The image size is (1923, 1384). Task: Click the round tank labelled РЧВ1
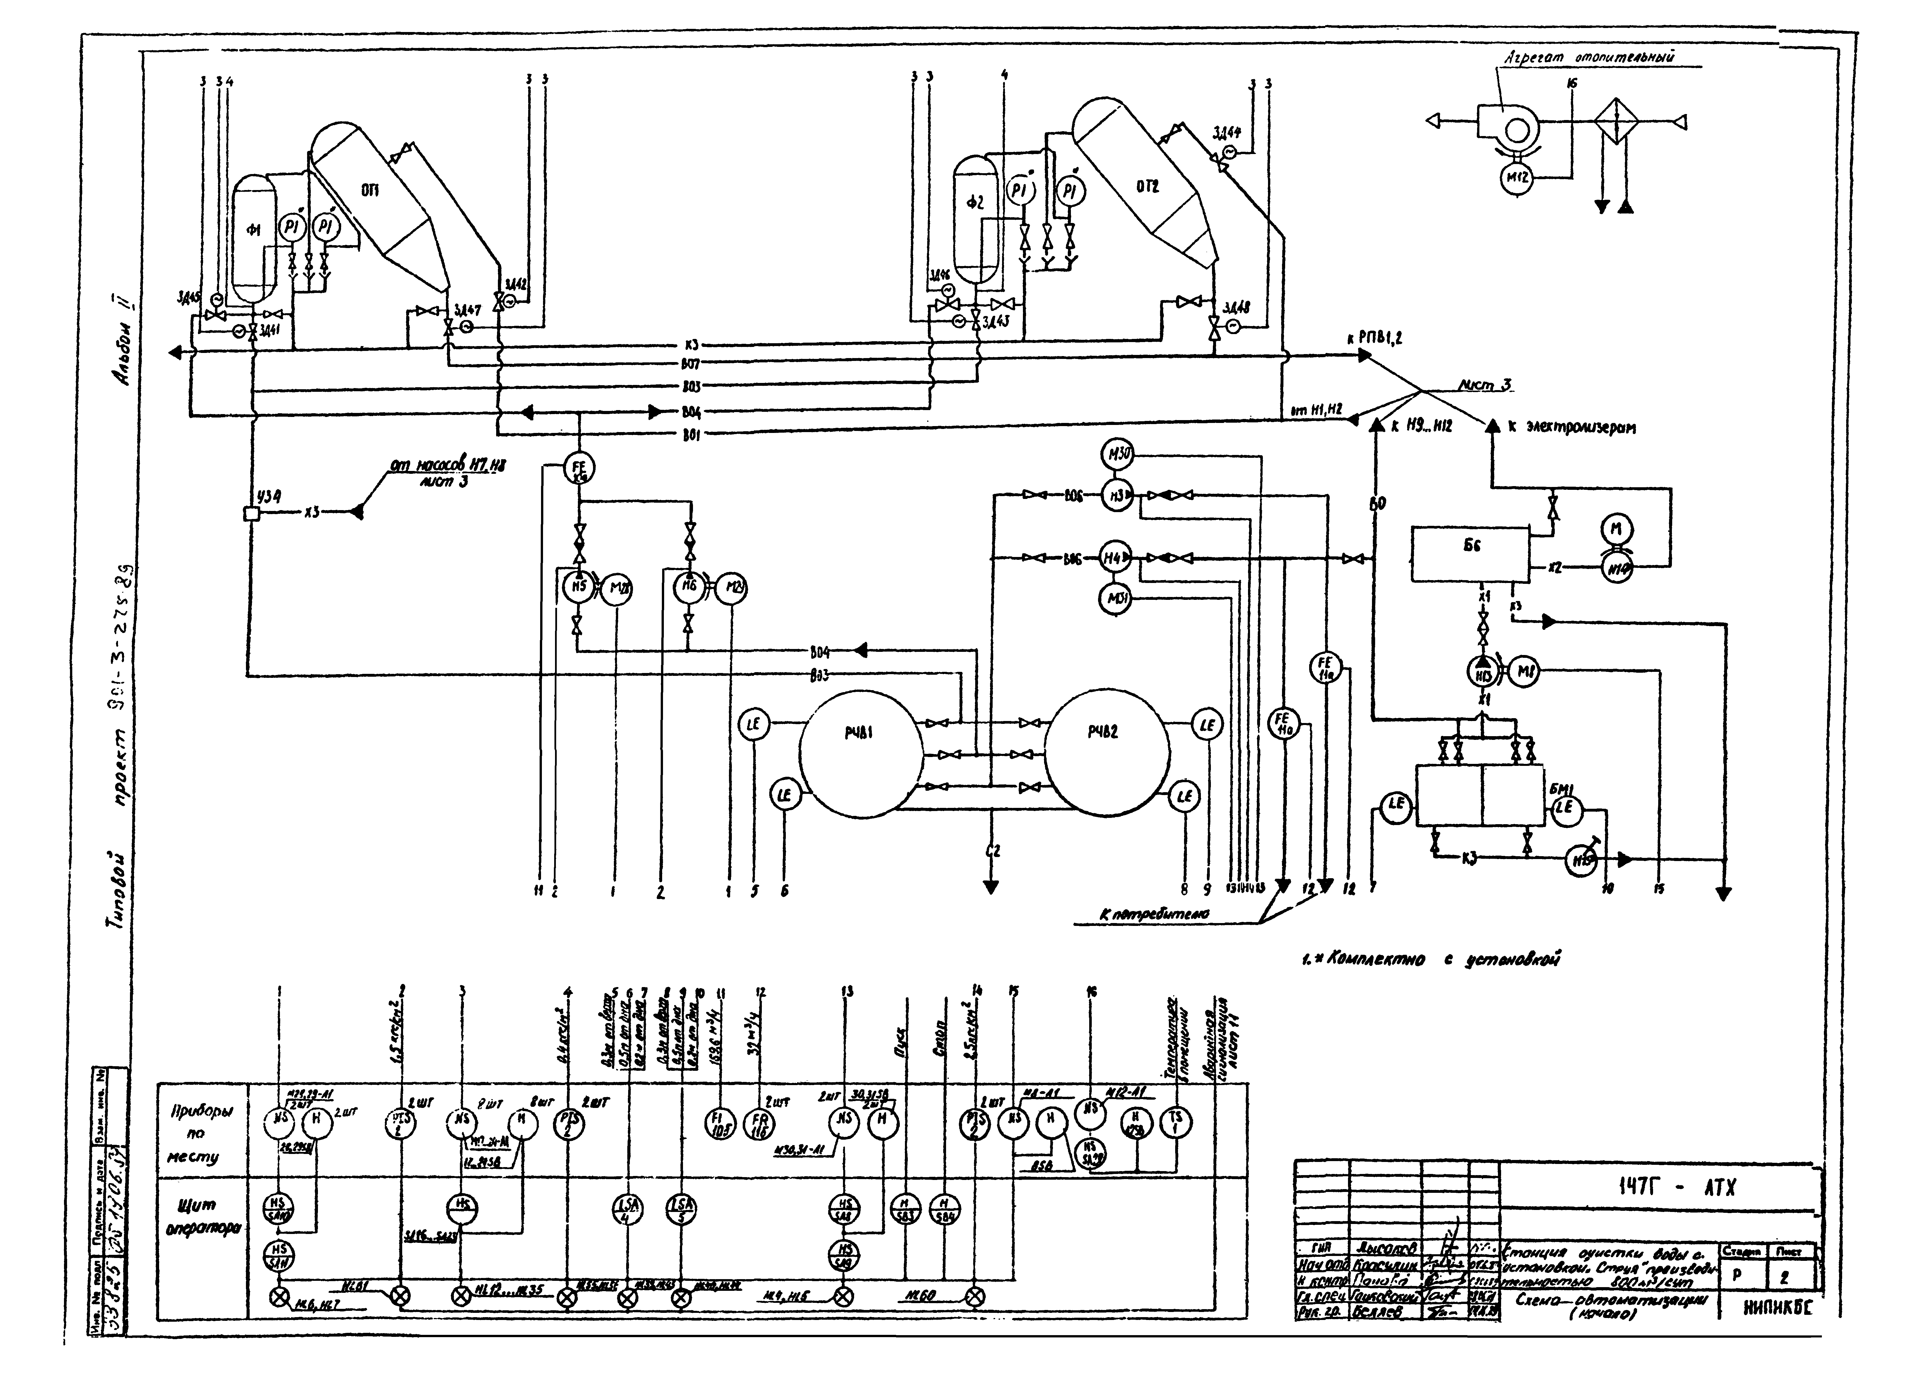click(x=861, y=752)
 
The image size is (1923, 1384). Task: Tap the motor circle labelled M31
click(x=1116, y=600)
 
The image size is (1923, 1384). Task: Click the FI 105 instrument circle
click(x=720, y=1124)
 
